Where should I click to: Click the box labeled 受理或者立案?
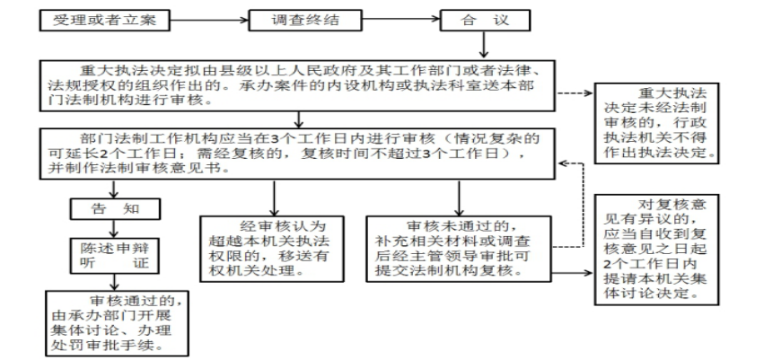(x=105, y=21)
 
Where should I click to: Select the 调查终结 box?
(x=305, y=21)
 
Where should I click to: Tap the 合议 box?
(x=486, y=21)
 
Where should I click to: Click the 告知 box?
(x=115, y=208)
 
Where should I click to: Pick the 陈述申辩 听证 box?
(x=115, y=255)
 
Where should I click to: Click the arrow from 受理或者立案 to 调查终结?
(x=209, y=21)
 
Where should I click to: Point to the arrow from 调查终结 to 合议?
(x=401, y=21)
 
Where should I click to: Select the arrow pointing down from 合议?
(x=483, y=45)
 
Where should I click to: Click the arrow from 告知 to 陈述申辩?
(x=115, y=229)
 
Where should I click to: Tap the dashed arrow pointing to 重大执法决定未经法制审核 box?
(x=574, y=93)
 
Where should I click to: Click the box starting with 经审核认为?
(x=272, y=249)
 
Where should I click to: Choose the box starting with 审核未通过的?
(x=459, y=249)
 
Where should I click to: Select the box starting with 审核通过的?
(x=117, y=323)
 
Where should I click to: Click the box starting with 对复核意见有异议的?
(x=656, y=249)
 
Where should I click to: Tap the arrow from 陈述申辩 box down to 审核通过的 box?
(x=115, y=282)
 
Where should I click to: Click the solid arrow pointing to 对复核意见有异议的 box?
(x=573, y=273)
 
